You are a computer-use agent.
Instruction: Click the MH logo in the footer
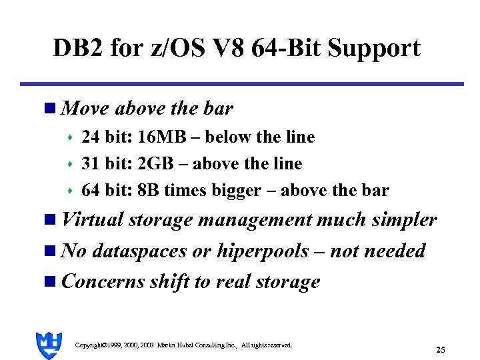pos(49,345)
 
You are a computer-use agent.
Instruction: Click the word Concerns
pos(100,281)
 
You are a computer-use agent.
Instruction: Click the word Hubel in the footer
pos(191,345)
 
